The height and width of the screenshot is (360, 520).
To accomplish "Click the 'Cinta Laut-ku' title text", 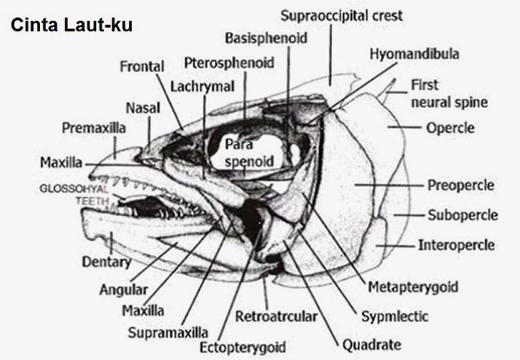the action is tap(70, 26).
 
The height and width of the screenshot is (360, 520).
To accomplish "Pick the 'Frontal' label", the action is tap(145, 66).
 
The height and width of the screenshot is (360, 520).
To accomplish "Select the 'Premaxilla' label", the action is tap(94, 128).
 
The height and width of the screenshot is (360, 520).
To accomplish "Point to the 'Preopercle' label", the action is tap(461, 185).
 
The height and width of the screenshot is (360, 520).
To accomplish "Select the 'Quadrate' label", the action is tap(373, 342).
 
